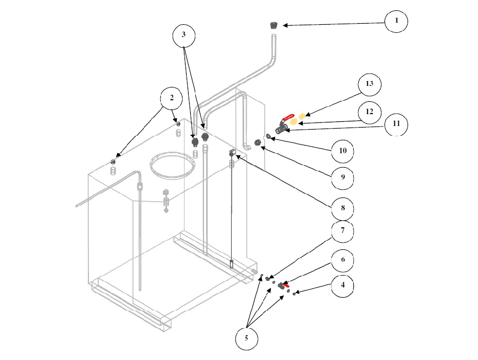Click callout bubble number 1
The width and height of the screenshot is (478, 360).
tap(397, 21)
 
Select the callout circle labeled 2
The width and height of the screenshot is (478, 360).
tap(172, 97)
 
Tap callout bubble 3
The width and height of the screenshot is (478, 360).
tap(184, 35)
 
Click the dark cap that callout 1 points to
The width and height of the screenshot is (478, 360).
tap(274, 25)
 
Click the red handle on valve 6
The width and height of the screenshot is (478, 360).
tap(285, 284)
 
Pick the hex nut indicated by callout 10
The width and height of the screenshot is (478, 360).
tap(268, 136)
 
